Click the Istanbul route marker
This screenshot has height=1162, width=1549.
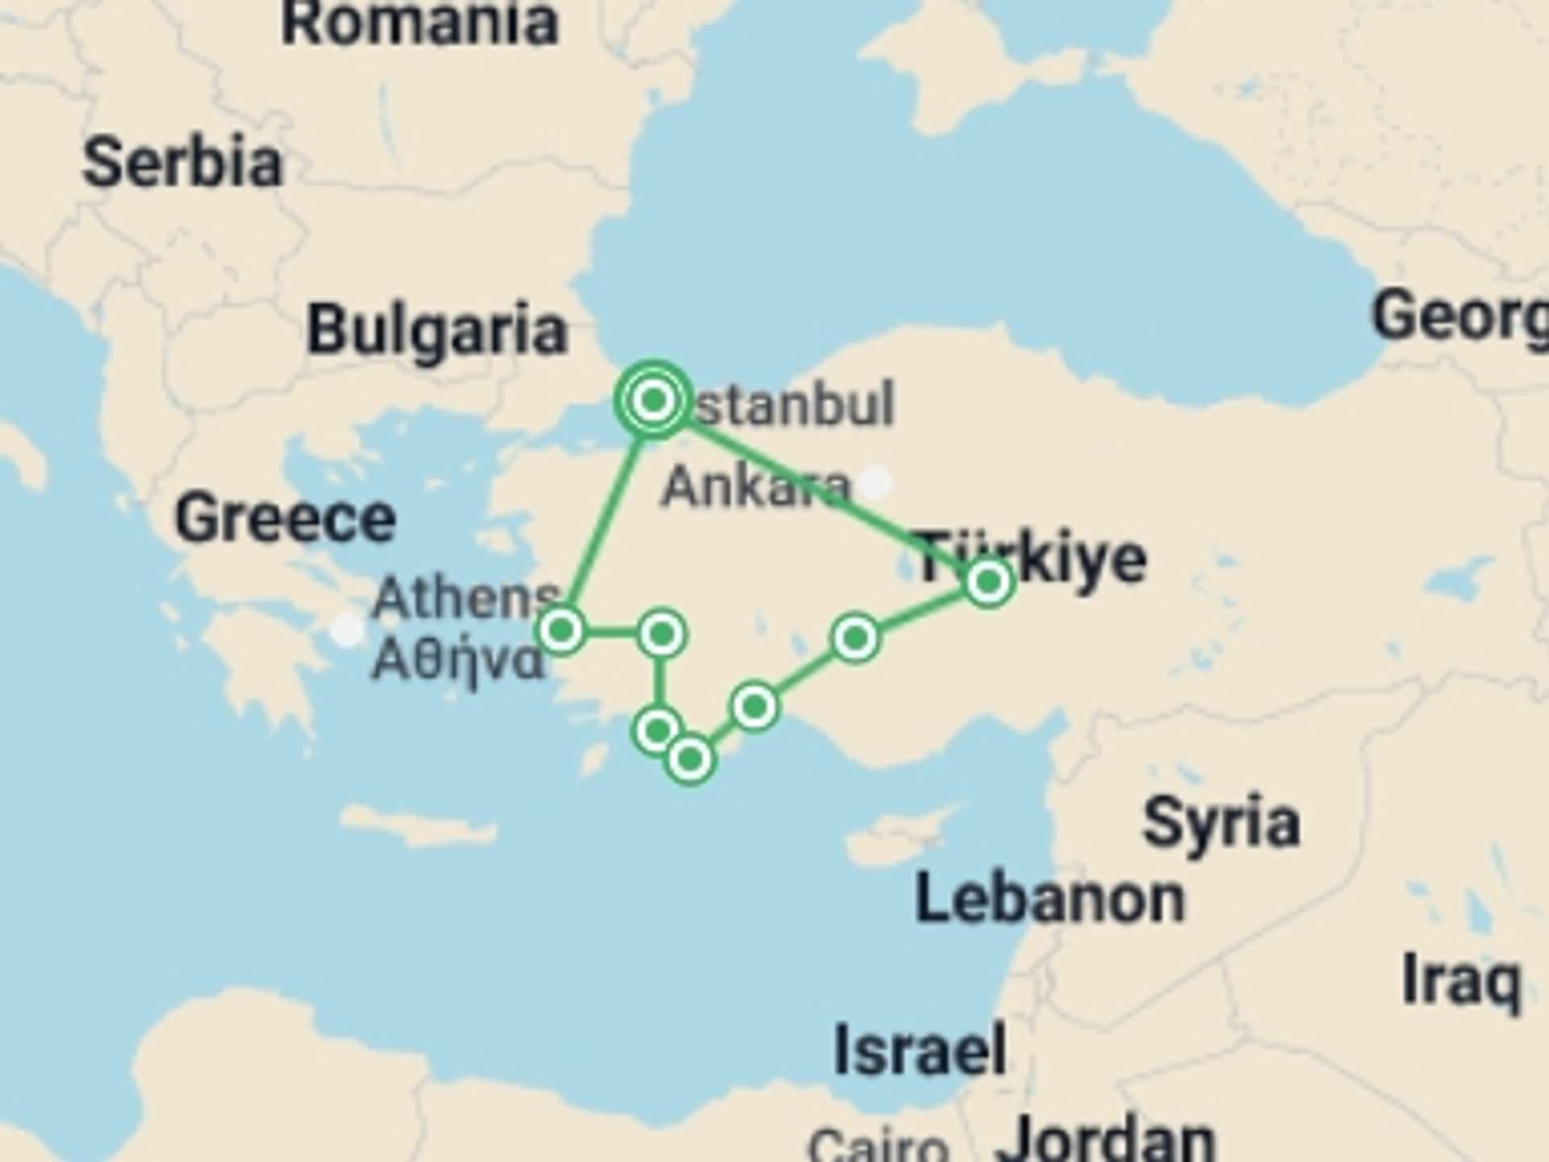tap(653, 399)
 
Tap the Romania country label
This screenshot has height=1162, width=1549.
tap(420, 23)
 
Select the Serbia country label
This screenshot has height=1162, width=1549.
tap(183, 163)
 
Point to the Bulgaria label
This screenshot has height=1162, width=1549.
tap(437, 330)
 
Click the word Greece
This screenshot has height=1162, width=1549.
tap(286, 519)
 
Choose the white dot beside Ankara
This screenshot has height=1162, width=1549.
tap(875, 483)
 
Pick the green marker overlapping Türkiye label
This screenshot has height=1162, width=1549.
tap(988, 582)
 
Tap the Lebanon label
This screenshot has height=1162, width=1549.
tap(1050, 899)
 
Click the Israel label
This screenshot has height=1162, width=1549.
tap(920, 1050)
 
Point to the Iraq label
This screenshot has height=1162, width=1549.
tap(1461, 981)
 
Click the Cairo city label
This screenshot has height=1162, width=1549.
tap(878, 1146)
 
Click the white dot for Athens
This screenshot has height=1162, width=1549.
tap(348, 629)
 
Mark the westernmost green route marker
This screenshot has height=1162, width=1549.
tap(562, 629)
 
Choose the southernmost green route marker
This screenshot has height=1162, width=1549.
tap(690, 759)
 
